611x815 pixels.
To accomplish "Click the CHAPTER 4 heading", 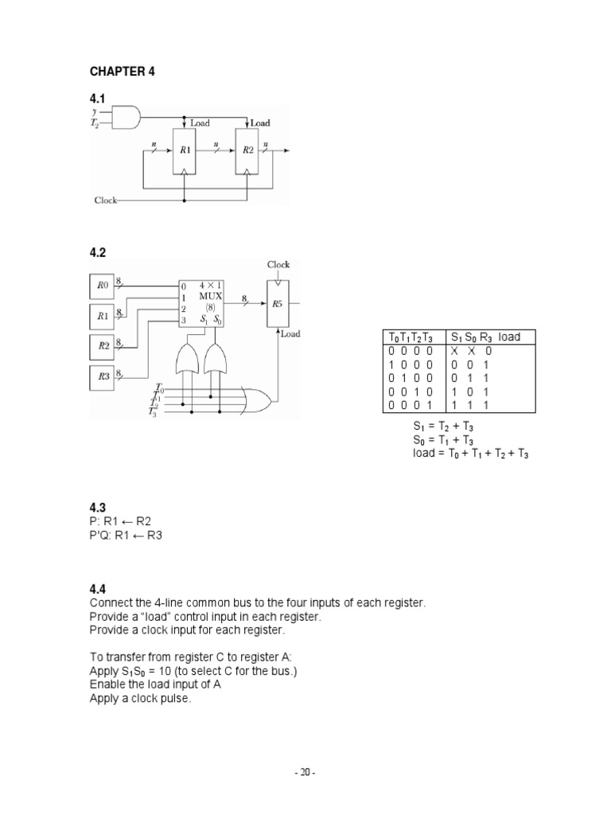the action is [x=122, y=71].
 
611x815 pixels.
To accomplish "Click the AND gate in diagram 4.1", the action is [x=126, y=117].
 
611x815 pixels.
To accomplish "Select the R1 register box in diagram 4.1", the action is [x=185, y=150].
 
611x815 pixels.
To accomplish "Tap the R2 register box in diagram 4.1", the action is [x=247, y=150].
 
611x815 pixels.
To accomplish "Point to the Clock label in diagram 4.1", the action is [x=106, y=200].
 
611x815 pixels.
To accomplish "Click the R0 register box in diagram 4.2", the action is [x=102, y=286].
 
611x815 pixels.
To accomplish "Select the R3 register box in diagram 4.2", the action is [x=102, y=376].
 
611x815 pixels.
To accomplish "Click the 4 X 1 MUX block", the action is [x=201, y=303].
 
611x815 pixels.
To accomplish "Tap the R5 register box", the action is [x=278, y=304].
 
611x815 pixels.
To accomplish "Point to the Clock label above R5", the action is [x=278, y=264].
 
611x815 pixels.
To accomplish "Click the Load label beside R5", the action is [x=290, y=333].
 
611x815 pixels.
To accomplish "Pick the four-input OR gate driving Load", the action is [x=255, y=401].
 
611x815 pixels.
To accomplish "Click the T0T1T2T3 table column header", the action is [x=411, y=337].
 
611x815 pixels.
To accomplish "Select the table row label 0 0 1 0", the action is [x=411, y=392].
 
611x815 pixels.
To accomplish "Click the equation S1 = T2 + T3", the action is [x=443, y=427].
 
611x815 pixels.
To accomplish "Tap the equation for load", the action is [x=471, y=453].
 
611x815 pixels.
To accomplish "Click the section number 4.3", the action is [x=98, y=508].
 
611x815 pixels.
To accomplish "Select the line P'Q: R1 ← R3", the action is [x=126, y=536].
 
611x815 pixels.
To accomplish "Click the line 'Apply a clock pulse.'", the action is [x=140, y=699].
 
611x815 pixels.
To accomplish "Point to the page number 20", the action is [x=305, y=773].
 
